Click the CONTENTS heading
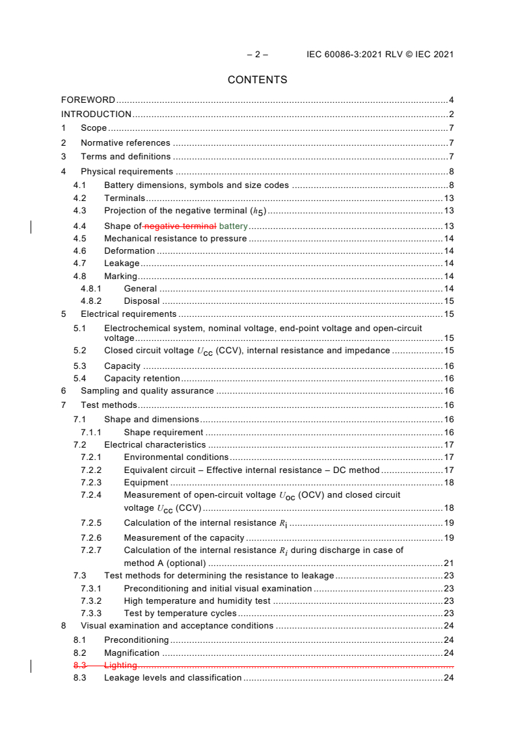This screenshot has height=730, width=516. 257,80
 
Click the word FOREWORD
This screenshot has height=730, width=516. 88,100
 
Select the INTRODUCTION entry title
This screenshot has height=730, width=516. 96,115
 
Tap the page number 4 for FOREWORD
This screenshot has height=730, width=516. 451,100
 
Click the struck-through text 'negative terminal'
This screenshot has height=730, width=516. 180,226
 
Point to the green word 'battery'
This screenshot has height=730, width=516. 234,226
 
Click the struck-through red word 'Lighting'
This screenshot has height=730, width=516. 120,666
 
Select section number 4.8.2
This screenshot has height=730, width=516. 91,301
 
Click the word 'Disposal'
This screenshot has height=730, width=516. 141,301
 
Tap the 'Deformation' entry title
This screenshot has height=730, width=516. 129,251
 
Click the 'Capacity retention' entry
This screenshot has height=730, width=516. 142,379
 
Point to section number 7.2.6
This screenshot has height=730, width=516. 91,538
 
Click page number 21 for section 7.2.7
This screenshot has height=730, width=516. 448,563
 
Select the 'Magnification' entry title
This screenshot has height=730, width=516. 131,653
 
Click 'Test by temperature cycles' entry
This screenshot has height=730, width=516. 180,614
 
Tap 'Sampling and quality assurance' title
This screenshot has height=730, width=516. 147,391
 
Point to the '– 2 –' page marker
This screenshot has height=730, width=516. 257,55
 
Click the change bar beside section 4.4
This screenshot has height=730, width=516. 32,226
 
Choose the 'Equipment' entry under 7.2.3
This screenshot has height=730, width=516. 146,483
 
